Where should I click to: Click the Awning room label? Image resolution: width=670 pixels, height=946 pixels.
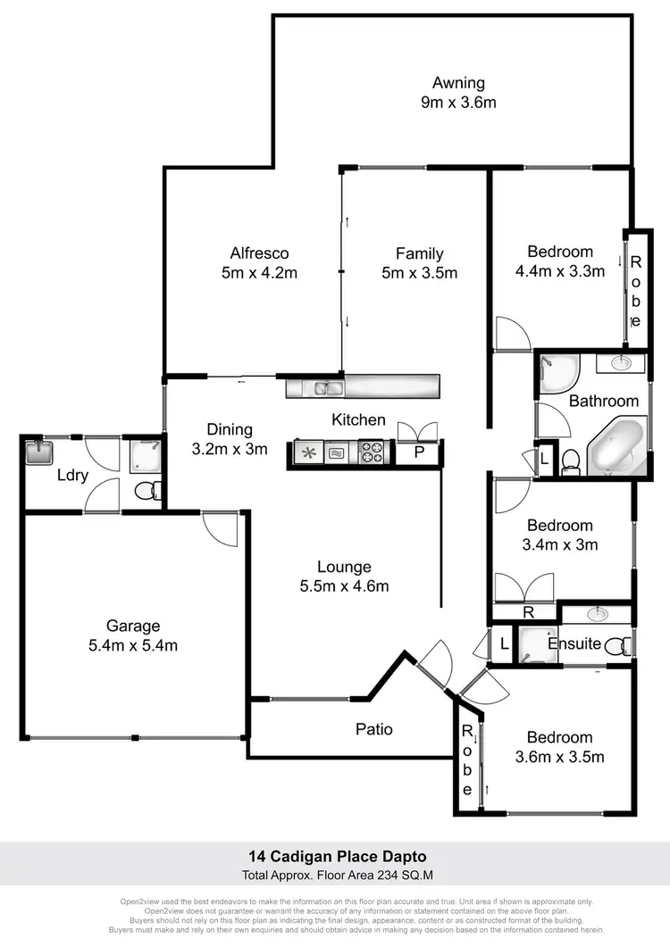pos(459,83)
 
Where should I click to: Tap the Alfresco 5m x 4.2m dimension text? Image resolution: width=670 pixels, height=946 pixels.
pos(259,273)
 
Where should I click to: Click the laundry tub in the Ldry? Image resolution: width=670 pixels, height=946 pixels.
pos(39,453)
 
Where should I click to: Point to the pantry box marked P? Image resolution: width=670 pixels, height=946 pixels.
pos(420,453)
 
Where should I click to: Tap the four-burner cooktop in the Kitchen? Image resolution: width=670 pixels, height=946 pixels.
pos(370,453)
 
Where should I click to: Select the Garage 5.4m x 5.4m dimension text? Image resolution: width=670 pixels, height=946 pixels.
pos(134,645)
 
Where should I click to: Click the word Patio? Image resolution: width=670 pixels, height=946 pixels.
pos(374,729)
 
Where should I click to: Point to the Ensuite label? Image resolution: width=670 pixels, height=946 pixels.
pos(574,643)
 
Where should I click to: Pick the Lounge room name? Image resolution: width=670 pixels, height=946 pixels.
pos(344,567)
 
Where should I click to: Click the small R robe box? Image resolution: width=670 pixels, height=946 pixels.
pos(528,613)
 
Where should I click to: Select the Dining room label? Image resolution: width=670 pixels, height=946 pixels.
pos(230,429)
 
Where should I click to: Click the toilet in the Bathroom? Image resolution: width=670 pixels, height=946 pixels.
pos(570,461)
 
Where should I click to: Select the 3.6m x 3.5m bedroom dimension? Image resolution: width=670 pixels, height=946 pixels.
pos(559,757)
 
